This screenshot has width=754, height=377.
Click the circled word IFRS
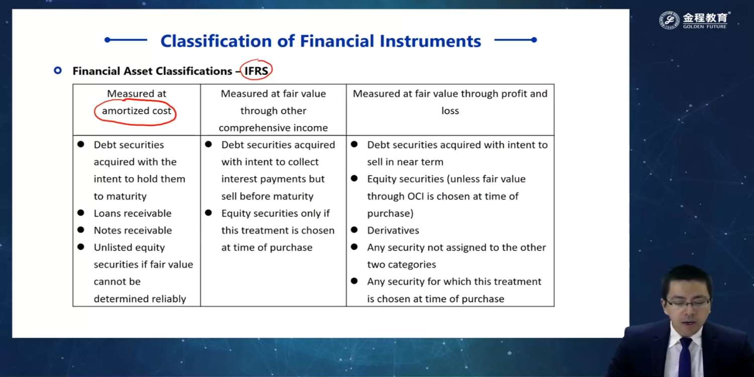(256, 71)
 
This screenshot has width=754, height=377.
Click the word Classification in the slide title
(216, 41)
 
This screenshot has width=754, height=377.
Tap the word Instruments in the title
(430, 41)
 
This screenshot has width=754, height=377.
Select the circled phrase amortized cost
(136, 111)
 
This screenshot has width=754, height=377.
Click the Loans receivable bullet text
(133, 214)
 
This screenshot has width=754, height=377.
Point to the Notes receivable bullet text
(133, 231)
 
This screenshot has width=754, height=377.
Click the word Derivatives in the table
(393, 231)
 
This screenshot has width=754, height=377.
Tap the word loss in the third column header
(450, 111)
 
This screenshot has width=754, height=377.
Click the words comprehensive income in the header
(273, 128)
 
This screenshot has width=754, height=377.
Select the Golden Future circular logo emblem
(669, 20)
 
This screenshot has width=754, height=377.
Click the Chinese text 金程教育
(705, 17)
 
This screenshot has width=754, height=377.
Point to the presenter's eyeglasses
(688, 303)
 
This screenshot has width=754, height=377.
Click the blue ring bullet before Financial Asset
(58, 71)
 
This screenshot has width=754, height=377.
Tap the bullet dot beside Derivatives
(354, 230)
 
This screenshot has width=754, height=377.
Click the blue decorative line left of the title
(126, 40)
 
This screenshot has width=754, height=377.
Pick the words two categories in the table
(402, 265)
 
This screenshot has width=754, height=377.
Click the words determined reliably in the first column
(140, 299)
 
